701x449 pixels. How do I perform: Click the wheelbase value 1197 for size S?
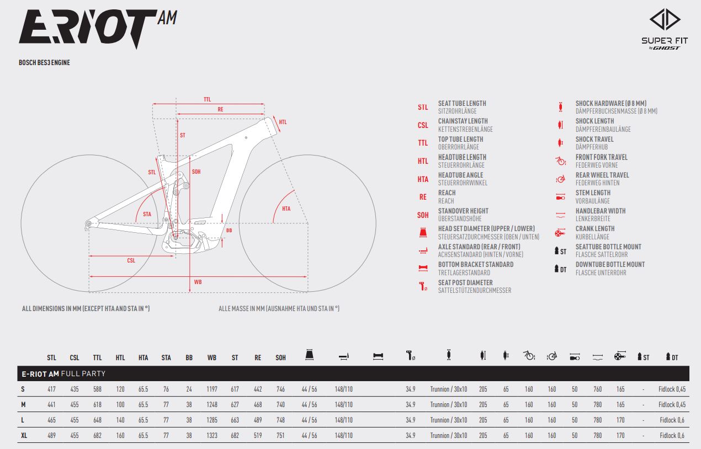coord(212,389)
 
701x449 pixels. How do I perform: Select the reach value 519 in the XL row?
coord(258,435)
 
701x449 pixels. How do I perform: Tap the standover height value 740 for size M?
coord(281,405)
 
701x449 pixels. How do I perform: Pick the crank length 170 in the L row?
coord(620,420)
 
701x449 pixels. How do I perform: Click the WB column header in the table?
coord(212,357)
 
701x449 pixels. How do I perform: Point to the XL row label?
coord(24,435)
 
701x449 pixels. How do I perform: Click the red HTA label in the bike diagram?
coord(286,209)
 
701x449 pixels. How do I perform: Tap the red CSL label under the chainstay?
coord(131,260)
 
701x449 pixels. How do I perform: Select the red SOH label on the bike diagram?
coord(196,172)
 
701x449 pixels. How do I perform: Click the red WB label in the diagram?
coord(198,282)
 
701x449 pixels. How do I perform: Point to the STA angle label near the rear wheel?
coord(147,214)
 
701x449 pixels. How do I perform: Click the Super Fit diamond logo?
coord(665,19)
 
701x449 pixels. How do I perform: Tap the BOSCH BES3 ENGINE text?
coord(44,62)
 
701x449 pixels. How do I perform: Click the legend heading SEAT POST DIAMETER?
coord(465,282)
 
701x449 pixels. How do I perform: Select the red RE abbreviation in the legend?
coord(423,197)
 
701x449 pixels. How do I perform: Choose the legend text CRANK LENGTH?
coord(595,228)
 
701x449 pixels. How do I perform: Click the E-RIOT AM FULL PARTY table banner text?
coord(63,373)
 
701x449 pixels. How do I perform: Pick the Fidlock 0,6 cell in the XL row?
coord(672,435)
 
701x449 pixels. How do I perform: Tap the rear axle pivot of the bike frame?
coord(88,223)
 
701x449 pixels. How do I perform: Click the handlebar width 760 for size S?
coord(597,389)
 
